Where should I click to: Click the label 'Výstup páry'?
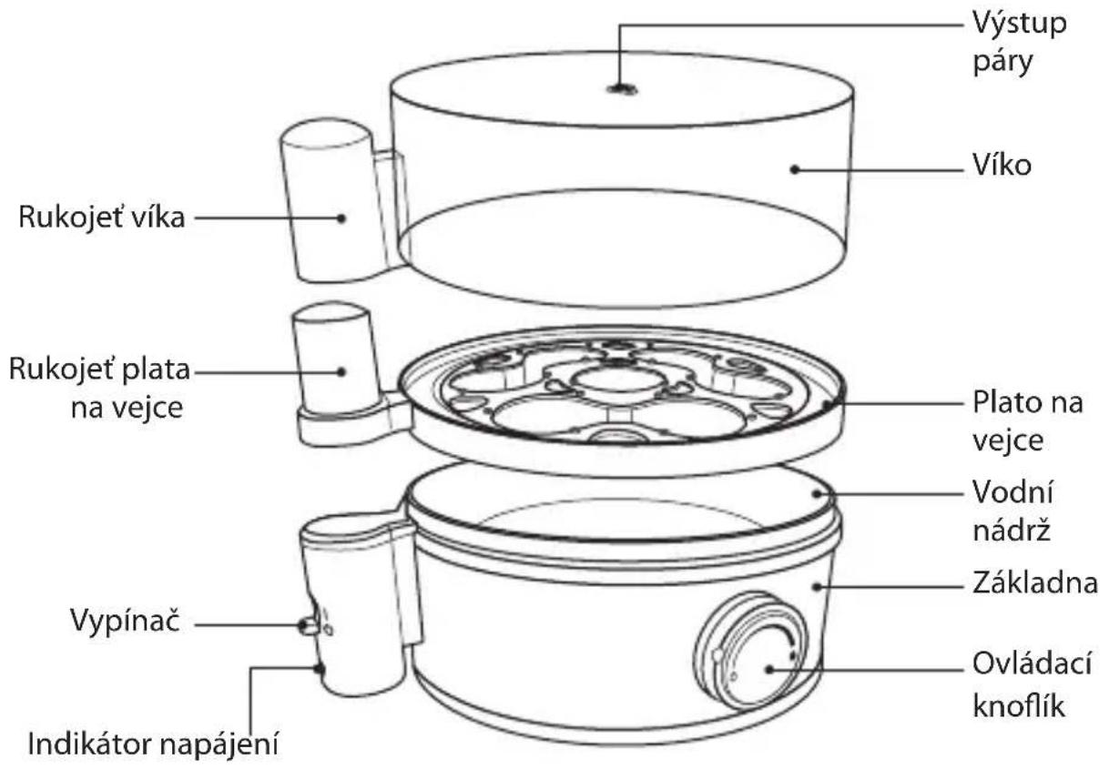pos(1019,43)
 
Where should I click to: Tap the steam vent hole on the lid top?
pos(622,89)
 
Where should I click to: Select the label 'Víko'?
pos(1002,166)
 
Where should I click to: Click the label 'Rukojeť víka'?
pos(101,218)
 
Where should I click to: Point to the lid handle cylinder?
pos(336,200)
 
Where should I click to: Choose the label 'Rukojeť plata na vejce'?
pos(99,389)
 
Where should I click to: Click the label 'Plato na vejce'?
pos(1027,421)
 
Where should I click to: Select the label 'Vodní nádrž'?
pos(1012,511)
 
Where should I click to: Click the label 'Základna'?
pos(1034,583)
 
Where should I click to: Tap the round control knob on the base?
pos(750,650)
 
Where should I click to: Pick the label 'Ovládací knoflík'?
pos(1032,684)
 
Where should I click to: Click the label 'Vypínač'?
pos(125,621)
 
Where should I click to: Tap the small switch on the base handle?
pos(309,626)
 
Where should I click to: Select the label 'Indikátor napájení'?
pos(152,744)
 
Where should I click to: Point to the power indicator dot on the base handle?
pos(320,669)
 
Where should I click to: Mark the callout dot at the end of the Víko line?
pos(795,170)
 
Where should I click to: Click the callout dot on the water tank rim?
pos(817,493)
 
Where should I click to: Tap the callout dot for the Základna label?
pos(817,587)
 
